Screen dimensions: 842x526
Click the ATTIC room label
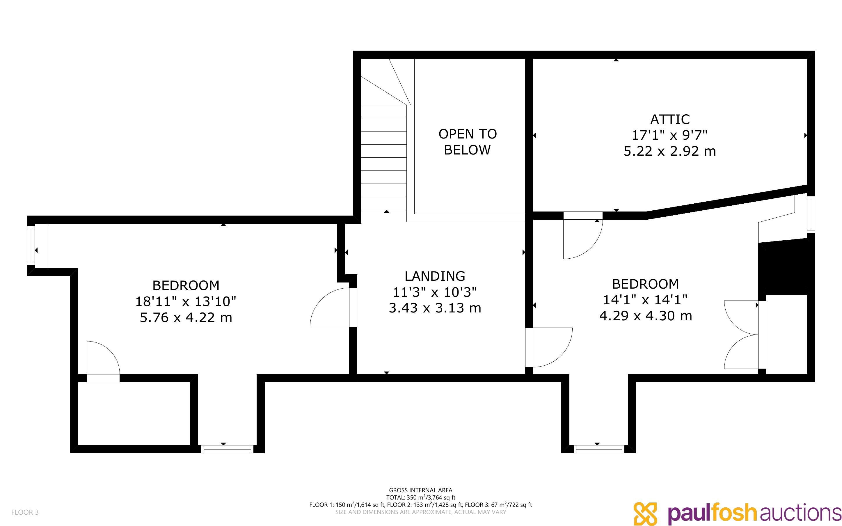[670, 119]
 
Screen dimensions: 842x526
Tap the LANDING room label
[435, 276]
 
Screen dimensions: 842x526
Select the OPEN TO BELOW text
[468, 142]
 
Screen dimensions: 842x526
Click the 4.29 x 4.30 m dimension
[646, 316]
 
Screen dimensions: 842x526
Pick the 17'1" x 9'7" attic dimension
[669, 135]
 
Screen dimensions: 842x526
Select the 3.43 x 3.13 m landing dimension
[435, 308]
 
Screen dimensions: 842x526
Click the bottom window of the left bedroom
[228, 449]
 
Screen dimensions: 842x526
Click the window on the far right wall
[811, 215]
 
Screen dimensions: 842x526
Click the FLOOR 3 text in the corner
[25, 512]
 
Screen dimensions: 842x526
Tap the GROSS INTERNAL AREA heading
[420, 490]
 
